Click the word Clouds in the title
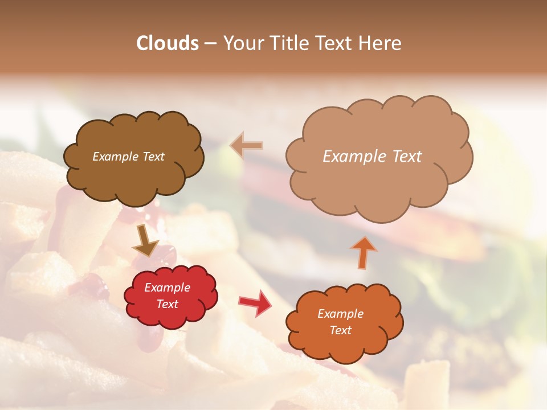coord(168,43)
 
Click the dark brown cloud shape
coord(133,177)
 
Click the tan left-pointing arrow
coord(247,146)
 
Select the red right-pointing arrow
coord(255,302)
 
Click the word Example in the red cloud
coord(168,288)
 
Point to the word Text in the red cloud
coord(168,304)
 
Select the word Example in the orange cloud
coord(340,314)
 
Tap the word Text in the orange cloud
coord(340,330)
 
